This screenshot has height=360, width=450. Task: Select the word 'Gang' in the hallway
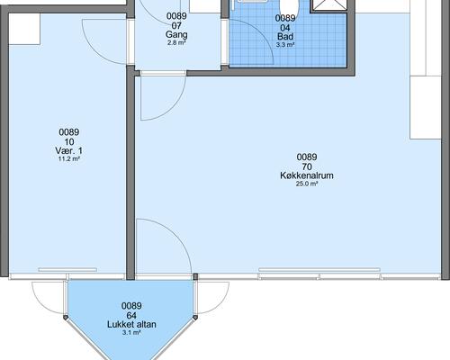pyautogui.click(x=176, y=34)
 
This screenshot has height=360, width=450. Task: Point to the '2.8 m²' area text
pyautogui.click(x=176, y=42)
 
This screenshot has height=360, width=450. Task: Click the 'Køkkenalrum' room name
pyautogui.click(x=307, y=176)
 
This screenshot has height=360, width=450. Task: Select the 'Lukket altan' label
pyautogui.click(x=131, y=324)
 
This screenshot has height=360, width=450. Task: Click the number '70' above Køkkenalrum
pyautogui.click(x=307, y=166)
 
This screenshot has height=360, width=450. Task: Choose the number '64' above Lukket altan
pyautogui.click(x=131, y=315)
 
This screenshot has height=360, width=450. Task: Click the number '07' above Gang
pyautogui.click(x=176, y=26)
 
